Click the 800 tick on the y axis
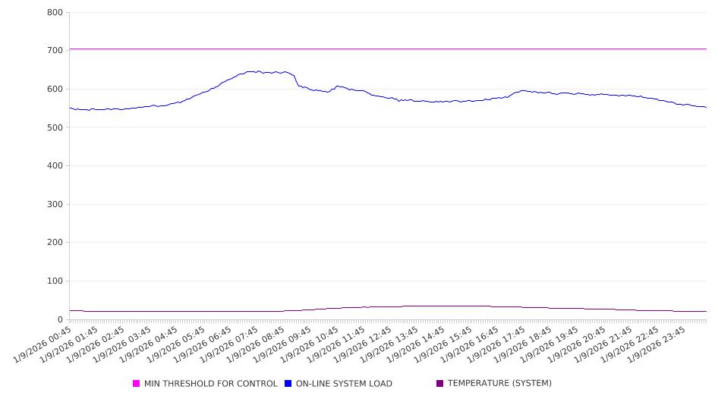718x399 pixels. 55,12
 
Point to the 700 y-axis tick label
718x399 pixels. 55,50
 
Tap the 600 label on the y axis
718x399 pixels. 55,89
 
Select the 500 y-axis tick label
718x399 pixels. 55,127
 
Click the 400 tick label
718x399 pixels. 55,165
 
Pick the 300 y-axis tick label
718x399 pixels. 55,204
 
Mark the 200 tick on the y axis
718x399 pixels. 55,243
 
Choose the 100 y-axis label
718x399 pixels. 55,281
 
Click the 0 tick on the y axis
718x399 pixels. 59,319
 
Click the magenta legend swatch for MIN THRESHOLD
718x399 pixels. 137,384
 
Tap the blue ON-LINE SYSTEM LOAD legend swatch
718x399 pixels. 288,384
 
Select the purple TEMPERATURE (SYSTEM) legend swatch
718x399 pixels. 440,384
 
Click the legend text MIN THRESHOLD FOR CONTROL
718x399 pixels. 210,384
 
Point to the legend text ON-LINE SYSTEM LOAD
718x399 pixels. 344,384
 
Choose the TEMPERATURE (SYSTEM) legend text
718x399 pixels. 499,384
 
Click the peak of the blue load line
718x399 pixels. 259,71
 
